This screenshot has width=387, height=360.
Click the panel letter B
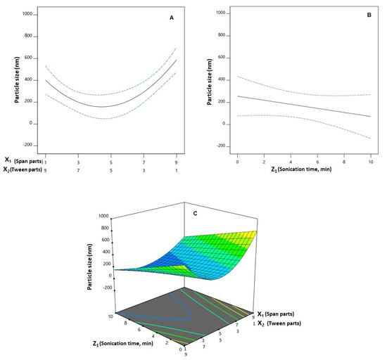pos(368,13)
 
